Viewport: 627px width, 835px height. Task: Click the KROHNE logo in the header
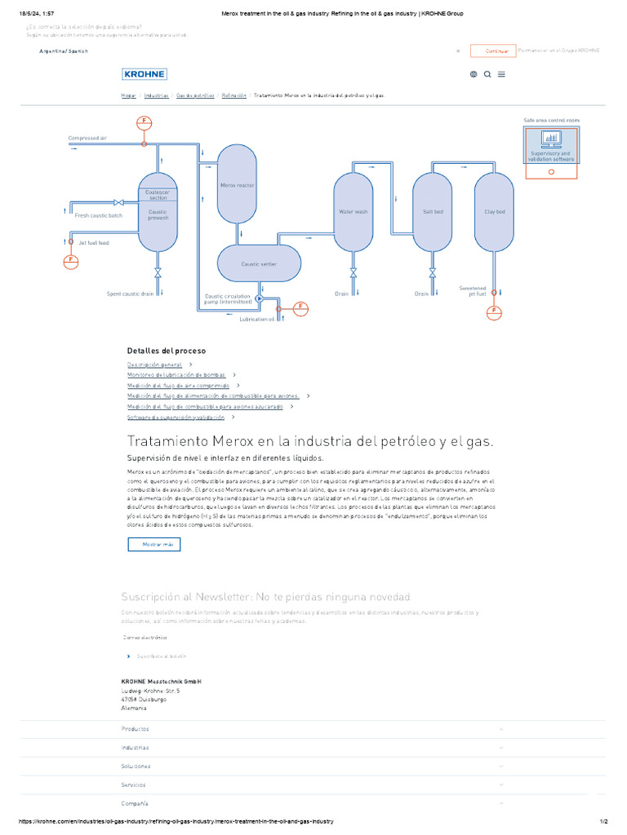tap(145, 74)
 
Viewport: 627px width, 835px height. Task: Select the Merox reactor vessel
tap(237, 185)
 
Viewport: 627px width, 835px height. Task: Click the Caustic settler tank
tap(258, 264)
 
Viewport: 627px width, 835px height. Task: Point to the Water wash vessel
tap(354, 212)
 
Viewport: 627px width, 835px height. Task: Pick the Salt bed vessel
tap(433, 212)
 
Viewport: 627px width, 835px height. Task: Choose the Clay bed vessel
tap(495, 212)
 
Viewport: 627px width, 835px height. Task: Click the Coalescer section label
tap(158, 196)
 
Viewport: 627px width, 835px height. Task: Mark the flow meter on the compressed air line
tap(145, 122)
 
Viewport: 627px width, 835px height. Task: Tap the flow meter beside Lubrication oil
tap(300, 307)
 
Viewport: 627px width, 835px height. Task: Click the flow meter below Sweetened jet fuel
tap(495, 311)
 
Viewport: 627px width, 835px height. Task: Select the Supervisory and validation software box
tap(552, 145)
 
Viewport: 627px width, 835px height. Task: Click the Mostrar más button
tap(154, 544)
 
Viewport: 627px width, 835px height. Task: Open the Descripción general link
tap(155, 364)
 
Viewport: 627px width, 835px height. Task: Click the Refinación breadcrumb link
tap(233, 95)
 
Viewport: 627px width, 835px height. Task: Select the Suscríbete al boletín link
tap(162, 656)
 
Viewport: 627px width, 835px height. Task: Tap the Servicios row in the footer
tap(134, 784)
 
